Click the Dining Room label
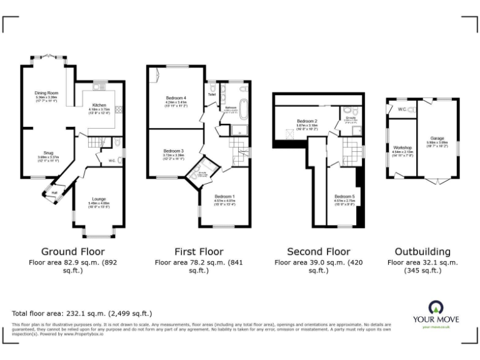click(x=47, y=93)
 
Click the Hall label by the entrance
click(x=54, y=192)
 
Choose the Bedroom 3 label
click(x=173, y=151)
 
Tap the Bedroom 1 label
click(x=224, y=196)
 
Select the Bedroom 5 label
click(x=344, y=196)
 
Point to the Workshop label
click(x=402, y=147)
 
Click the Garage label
click(x=437, y=138)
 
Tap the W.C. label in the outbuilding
click(x=401, y=110)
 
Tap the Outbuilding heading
click(x=423, y=251)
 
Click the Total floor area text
click(x=82, y=313)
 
